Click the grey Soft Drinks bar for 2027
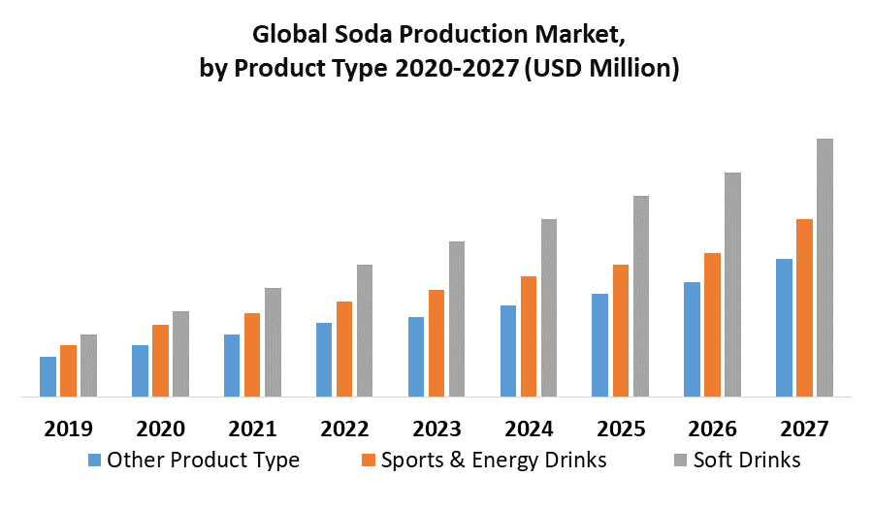click(824, 268)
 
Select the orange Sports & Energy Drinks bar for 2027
click(804, 307)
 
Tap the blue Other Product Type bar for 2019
click(48, 376)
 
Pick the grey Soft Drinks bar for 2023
click(457, 319)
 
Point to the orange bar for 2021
click(252, 355)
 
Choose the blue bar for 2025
click(600, 345)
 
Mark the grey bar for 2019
click(88, 366)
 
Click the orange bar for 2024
click(529, 336)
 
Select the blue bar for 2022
click(324, 360)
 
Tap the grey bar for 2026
click(732, 284)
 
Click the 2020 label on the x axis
click(160, 429)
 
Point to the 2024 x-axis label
click(529, 429)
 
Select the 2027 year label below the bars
click(804, 429)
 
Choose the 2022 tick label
click(344, 429)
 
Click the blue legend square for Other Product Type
click(93, 460)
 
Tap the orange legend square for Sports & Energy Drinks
click(368, 460)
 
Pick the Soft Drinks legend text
click(747, 460)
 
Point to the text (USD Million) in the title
click(601, 69)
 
